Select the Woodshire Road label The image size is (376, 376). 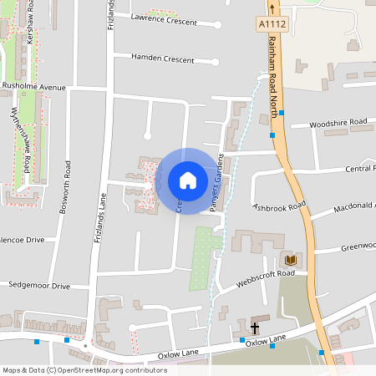(x=338, y=123)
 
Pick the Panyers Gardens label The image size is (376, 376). (x=217, y=182)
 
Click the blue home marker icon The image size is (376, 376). (x=187, y=180)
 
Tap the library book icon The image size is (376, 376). (x=290, y=260)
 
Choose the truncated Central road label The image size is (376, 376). (x=360, y=169)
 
